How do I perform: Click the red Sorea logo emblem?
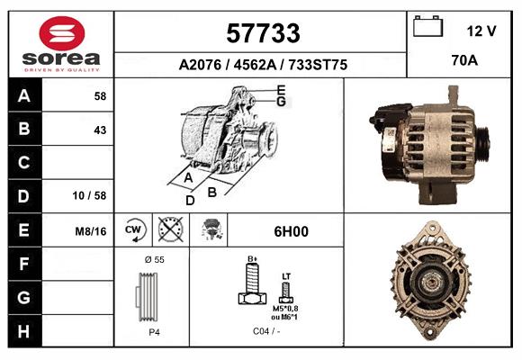[x=62, y=33]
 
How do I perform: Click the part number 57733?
[x=263, y=33]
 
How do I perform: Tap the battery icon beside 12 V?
[x=427, y=26]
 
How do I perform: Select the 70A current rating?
[x=464, y=60]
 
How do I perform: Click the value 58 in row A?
[x=100, y=96]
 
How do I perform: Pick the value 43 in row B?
[x=100, y=130]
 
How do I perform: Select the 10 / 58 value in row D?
[x=89, y=195]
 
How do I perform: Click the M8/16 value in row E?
[x=91, y=231]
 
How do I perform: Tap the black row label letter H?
[x=23, y=331]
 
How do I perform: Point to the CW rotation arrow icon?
[x=133, y=229]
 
